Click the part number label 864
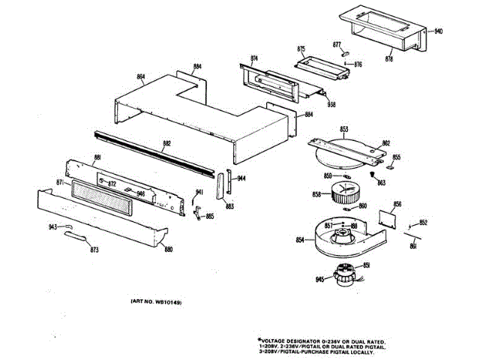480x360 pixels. (x=141, y=77)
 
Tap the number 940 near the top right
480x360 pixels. (x=439, y=31)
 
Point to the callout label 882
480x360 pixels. (x=167, y=142)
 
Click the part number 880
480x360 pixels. (x=169, y=249)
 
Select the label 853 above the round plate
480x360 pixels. (x=344, y=129)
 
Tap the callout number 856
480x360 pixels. (x=397, y=205)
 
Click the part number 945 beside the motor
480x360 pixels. (x=320, y=280)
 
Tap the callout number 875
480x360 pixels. (x=301, y=49)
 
